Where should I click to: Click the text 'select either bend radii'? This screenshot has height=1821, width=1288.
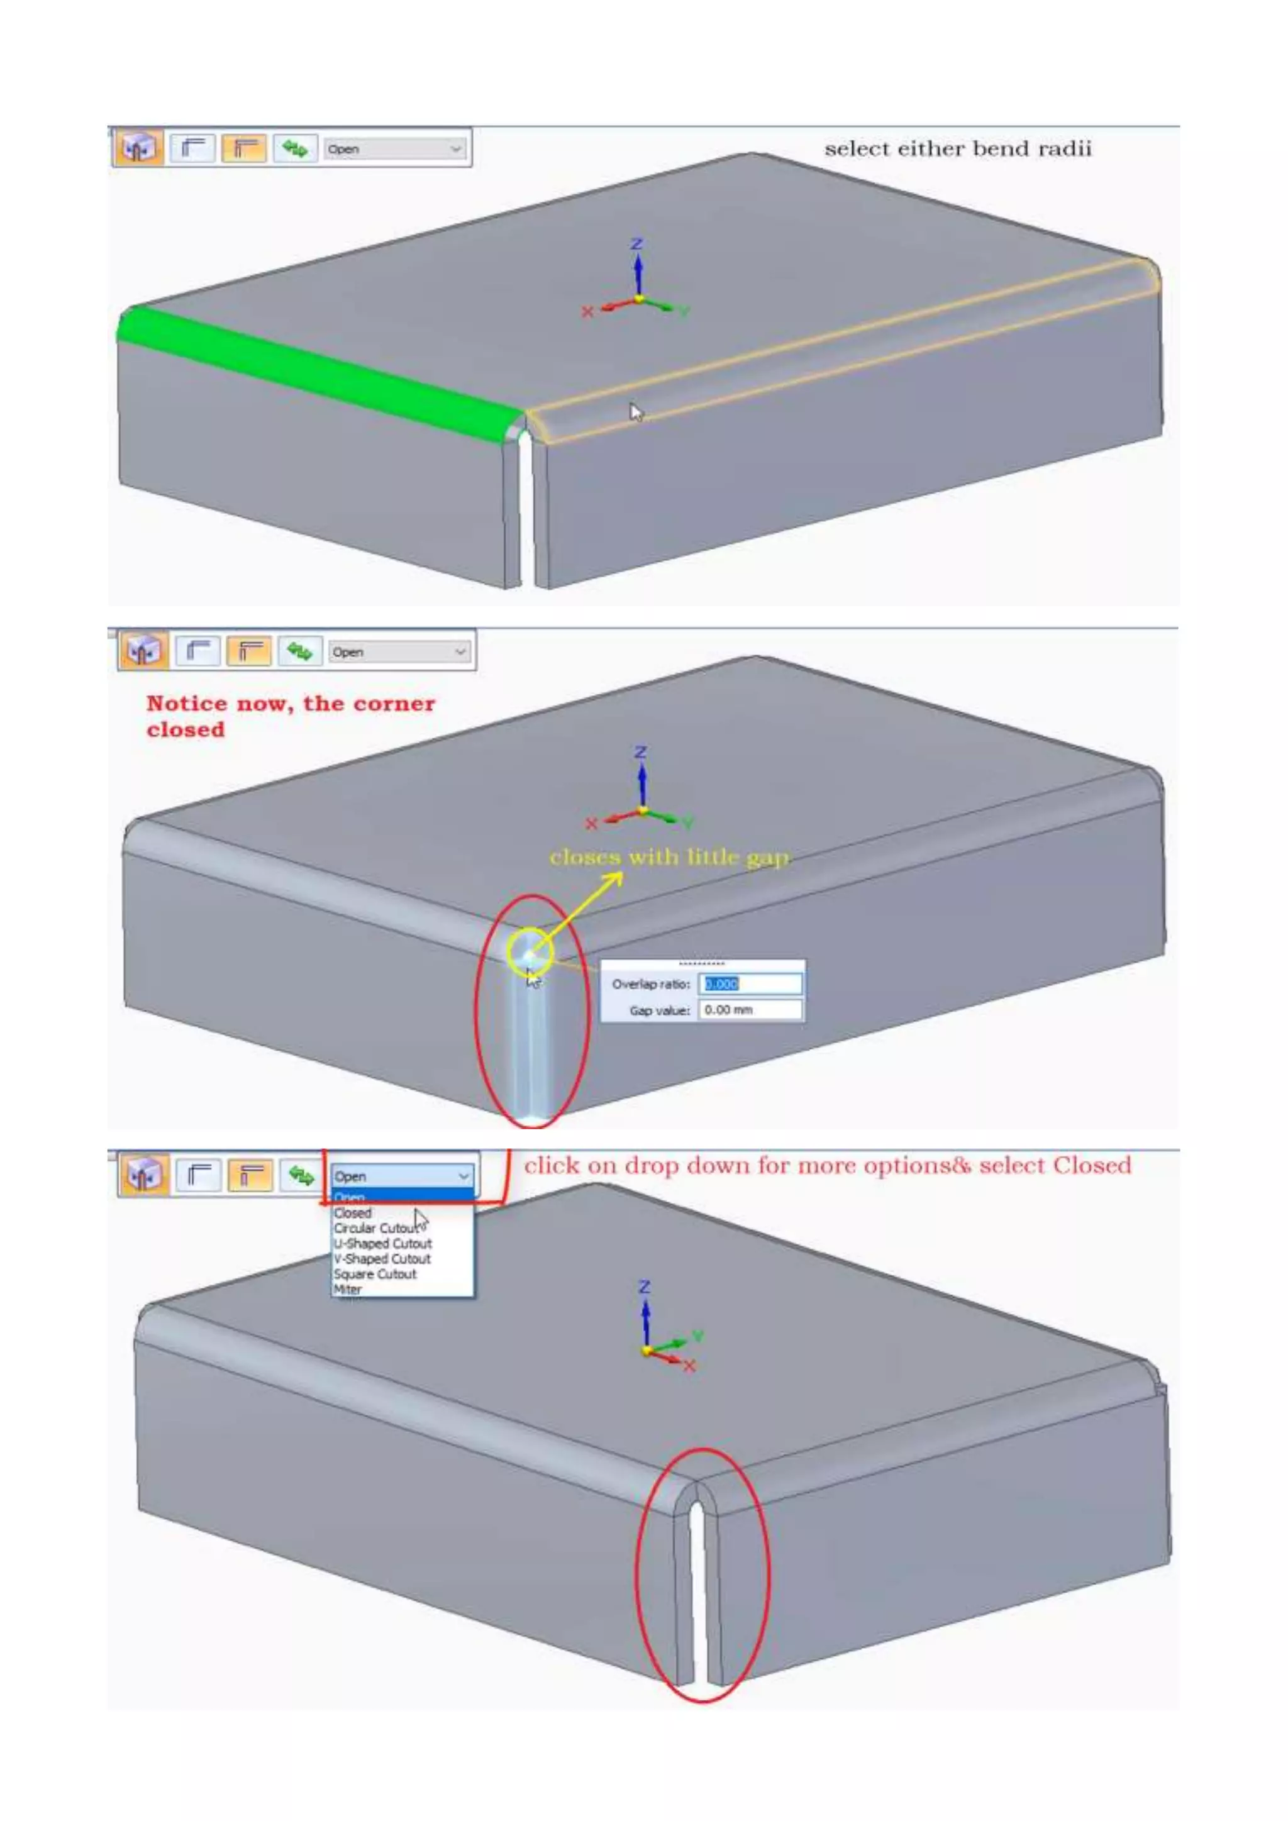[957, 149]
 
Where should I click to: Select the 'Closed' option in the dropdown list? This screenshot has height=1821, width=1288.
[353, 1213]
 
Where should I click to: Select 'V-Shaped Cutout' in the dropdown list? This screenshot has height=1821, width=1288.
[382, 1259]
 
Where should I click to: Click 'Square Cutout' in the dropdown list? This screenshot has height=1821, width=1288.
[374, 1274]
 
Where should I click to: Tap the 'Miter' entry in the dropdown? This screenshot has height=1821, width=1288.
[347, 1289]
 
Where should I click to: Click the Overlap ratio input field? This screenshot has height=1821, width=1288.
[750, 983]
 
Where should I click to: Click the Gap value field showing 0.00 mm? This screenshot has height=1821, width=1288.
[750, 1010]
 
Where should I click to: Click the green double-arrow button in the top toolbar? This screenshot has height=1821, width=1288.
[295, 148]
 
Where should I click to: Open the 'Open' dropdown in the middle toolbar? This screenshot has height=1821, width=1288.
[399, 652]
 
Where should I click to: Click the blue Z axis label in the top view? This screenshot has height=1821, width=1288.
[636, 243]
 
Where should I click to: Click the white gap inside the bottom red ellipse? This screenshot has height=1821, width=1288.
[698, 1594]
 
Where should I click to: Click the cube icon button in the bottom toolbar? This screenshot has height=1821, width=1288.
[143, 1175]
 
